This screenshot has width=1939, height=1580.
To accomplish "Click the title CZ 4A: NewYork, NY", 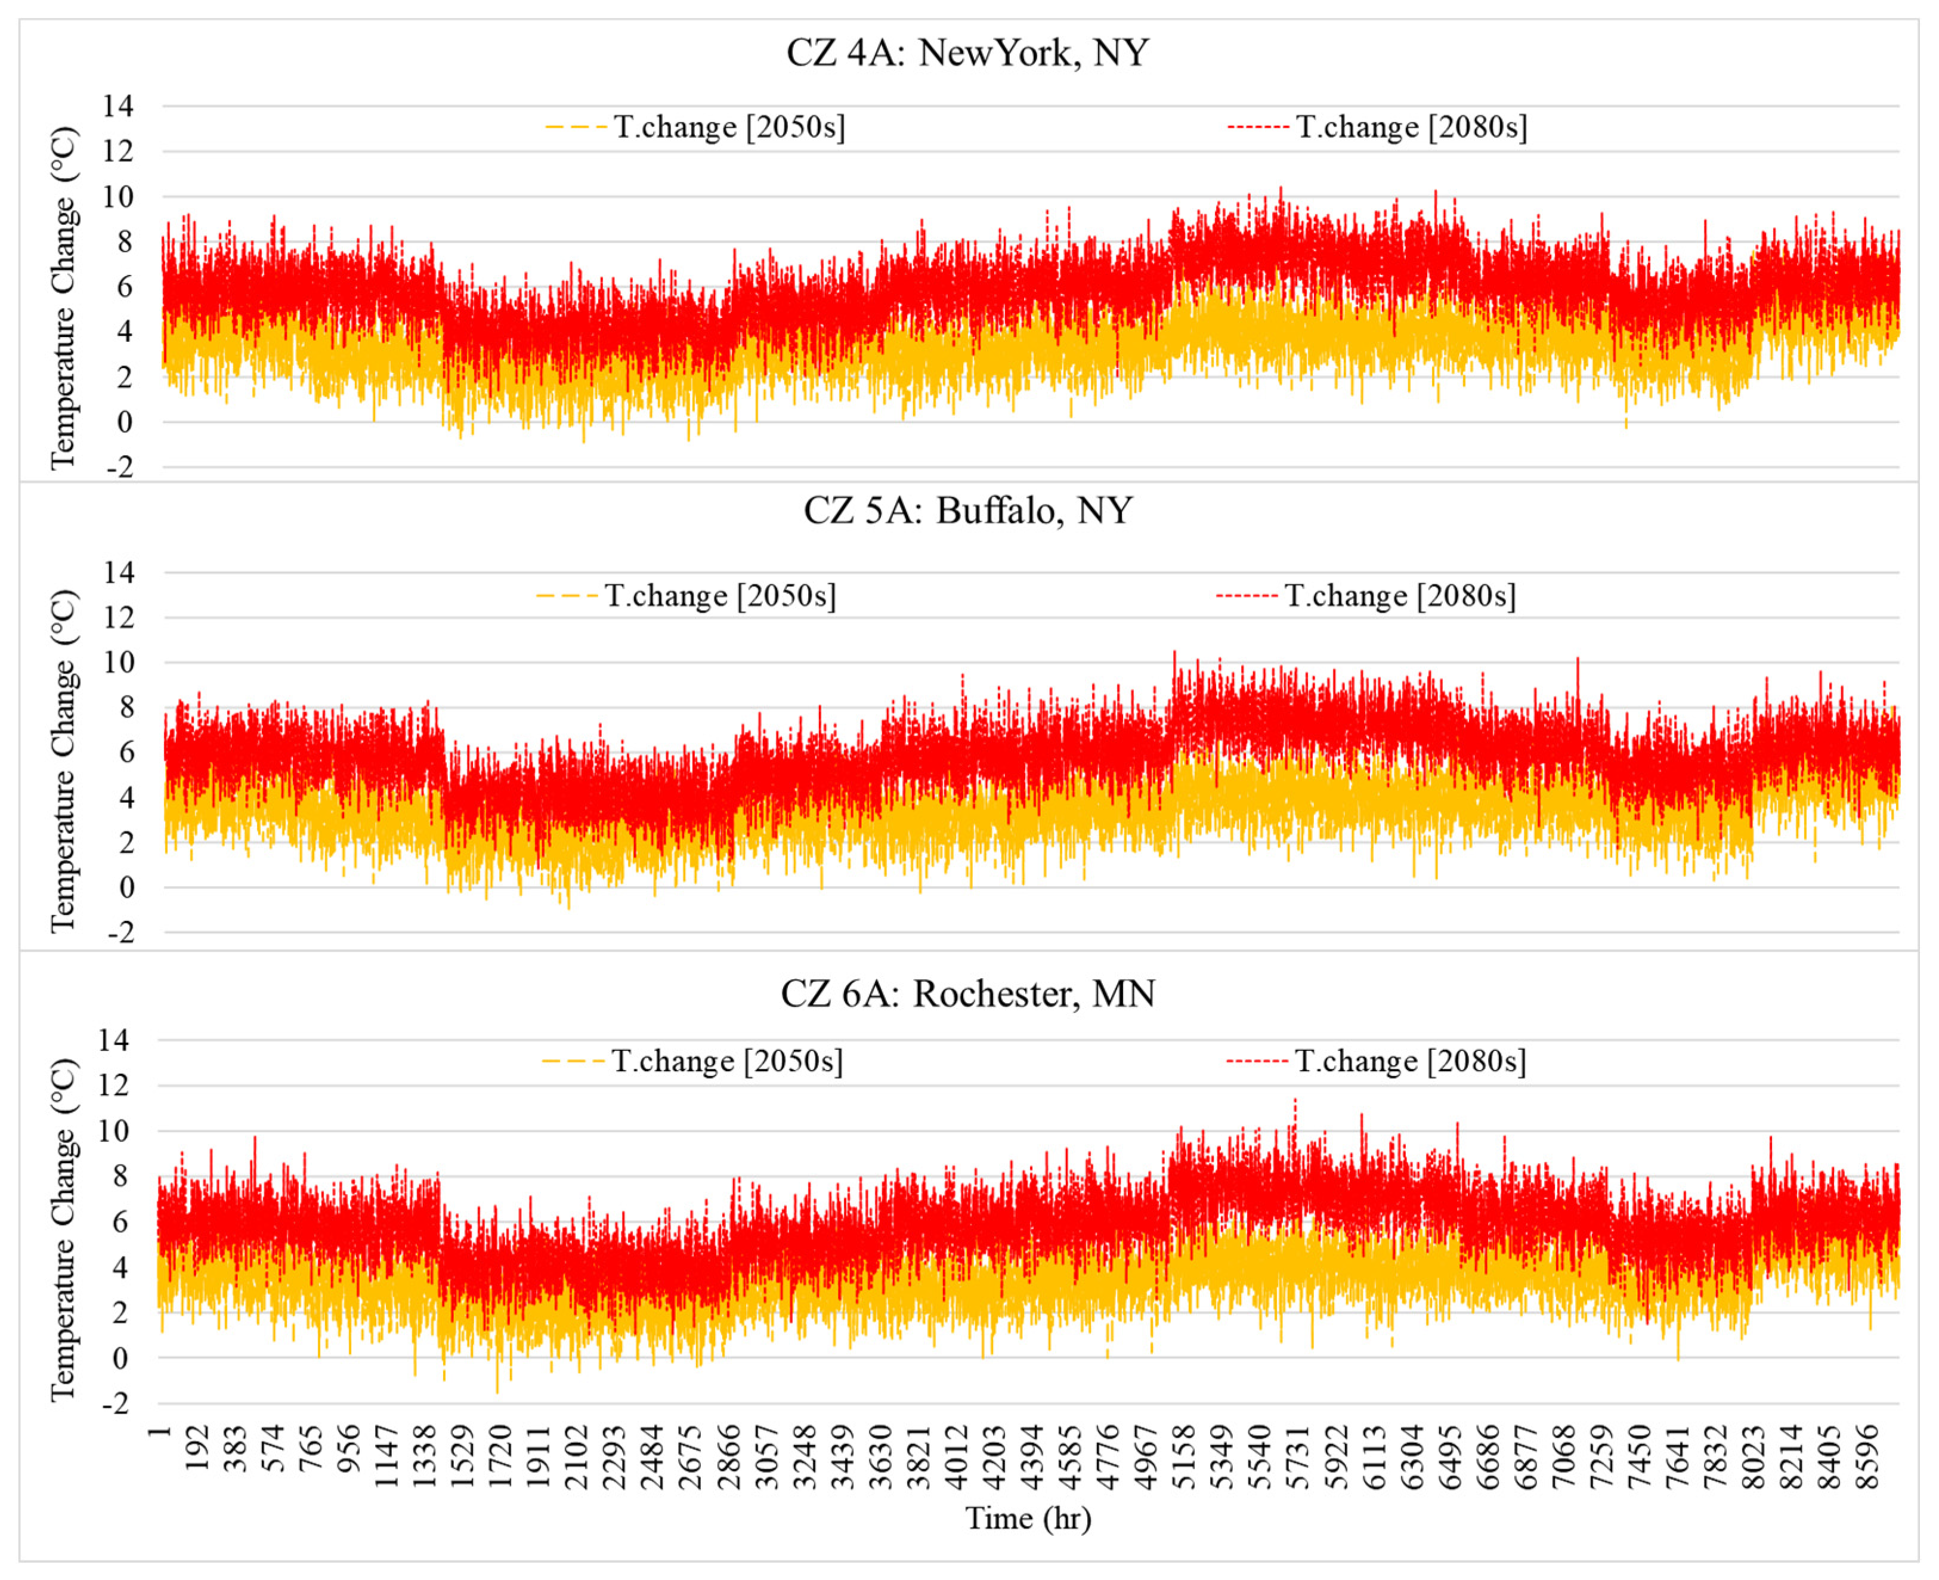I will click(x=967, y=53).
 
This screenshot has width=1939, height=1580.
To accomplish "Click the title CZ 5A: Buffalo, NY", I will click(x=967, y=511).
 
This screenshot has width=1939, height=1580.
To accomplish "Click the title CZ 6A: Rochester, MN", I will click(x=967, y=993).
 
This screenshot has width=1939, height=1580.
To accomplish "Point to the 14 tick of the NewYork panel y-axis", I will click(x=117, y=107).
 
